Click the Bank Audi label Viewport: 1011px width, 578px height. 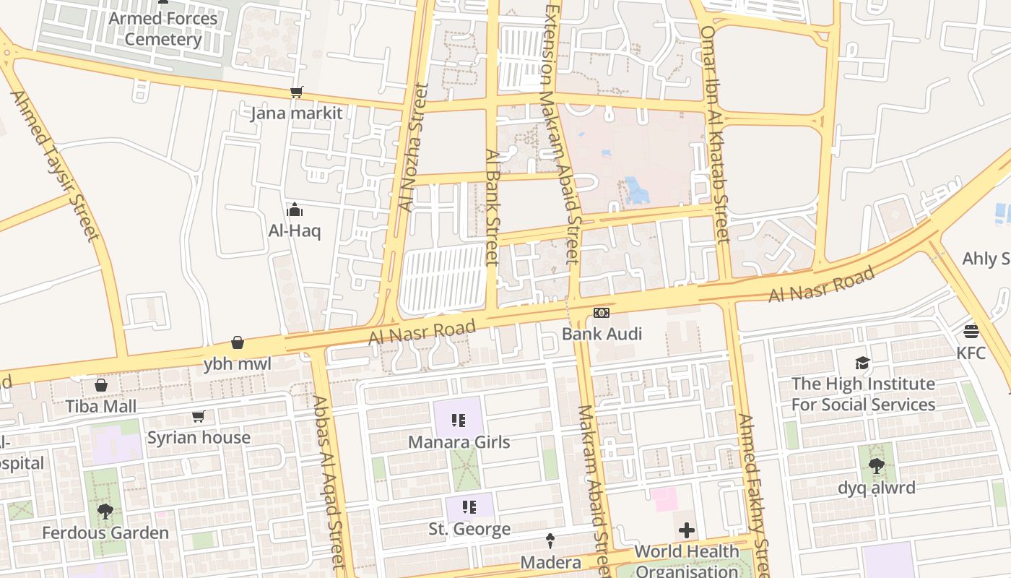(602, 334)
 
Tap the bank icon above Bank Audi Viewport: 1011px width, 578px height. (602, 313)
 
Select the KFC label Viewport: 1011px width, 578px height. (971, 353)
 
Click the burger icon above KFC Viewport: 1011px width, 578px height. (971, 332)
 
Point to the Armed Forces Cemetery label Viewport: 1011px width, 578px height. (162, 29)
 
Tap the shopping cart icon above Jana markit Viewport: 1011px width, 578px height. (296, 92)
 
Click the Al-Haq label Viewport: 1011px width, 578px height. (295, 231)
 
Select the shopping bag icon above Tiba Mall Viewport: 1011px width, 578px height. (101, 385)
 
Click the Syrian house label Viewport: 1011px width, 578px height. (199, 437)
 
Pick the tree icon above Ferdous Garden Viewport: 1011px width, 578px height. (105, 512)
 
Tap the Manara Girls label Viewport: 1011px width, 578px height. (459, 441)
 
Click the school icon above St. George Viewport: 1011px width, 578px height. (469, 507)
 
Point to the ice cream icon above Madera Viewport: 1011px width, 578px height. (550, 540)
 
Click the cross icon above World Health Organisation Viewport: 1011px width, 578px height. (687, 531)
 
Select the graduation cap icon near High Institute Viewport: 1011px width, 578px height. (863, 363)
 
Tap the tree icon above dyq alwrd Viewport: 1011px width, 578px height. (876, 466)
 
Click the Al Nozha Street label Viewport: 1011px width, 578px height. (413, 148)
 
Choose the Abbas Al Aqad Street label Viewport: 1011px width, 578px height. (330, 480)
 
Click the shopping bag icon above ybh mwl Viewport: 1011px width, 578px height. (238, 342)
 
